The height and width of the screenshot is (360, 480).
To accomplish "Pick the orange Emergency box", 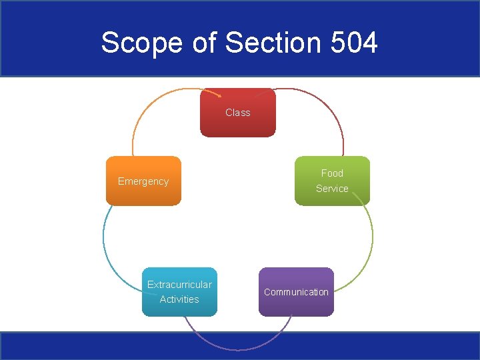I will (x=143, y=193).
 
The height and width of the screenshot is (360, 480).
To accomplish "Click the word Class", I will (x=238, y=113).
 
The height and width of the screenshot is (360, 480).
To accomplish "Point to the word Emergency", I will (x=143, y=181).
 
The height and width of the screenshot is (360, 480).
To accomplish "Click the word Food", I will (x=332, y=173).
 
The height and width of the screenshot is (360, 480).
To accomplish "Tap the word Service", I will (x=332, y=189).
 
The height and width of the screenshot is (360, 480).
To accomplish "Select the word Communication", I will (x=296, y=292).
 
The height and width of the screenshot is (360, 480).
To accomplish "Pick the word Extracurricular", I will (x=179, y=285).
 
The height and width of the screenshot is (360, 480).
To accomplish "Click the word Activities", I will (x=179, y=299).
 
